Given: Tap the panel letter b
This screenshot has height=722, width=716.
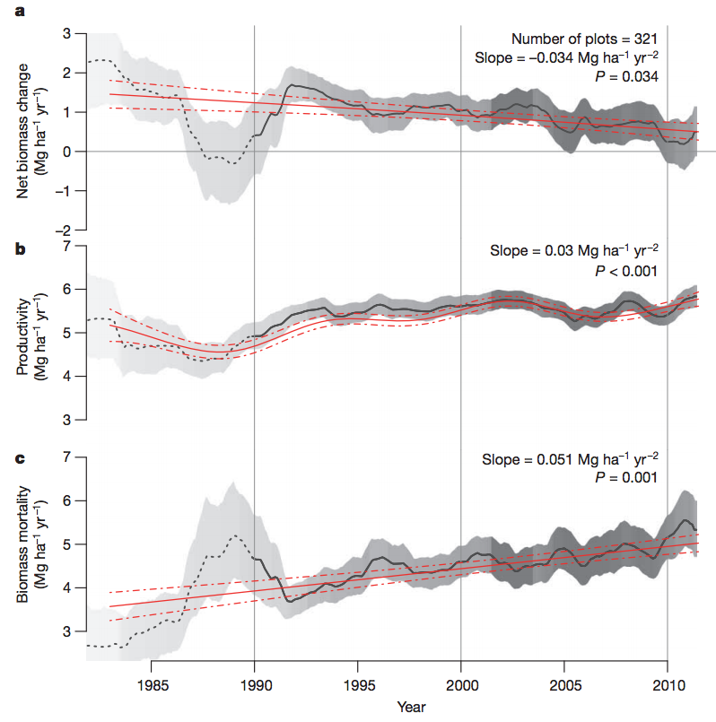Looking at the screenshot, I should pos(18,249).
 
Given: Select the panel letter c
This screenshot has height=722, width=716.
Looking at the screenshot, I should pos(18,460).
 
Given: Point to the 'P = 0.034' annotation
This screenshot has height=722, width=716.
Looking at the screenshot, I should pos(628,77).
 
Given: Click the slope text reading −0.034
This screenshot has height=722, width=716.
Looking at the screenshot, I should pos(567,58).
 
